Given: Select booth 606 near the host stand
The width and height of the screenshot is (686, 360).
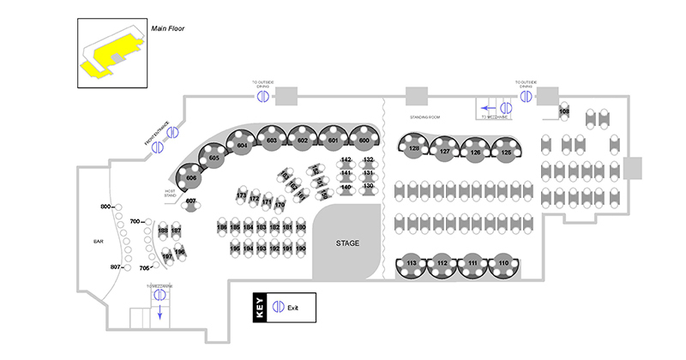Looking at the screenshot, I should (191, 178).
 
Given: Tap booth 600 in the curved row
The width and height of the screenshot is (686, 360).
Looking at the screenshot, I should (364, 140).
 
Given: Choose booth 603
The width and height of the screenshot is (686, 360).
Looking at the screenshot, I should (272, 140).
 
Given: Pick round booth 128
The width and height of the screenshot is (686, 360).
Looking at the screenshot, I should (414, 148).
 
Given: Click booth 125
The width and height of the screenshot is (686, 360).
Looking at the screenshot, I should (506, 153).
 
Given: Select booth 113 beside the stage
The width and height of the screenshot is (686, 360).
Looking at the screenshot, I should (412, 262).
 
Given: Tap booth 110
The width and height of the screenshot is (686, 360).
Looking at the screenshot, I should (503, 262).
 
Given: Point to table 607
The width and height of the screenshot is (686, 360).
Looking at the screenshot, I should (191, 201).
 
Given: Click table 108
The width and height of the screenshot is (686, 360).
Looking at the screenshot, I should (564, 112).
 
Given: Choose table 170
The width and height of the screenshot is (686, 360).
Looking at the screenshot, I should (280, 206).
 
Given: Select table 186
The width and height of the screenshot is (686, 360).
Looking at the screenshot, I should (222, 227).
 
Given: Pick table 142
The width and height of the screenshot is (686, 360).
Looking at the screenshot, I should (346, 160).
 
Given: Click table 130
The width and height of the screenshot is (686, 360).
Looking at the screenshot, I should (369, 186).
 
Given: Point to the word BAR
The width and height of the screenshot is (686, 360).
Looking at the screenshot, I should (98, 243).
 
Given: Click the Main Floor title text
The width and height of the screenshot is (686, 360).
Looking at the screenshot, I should (168, 28).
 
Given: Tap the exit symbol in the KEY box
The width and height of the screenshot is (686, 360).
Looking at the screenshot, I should (278, 306).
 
